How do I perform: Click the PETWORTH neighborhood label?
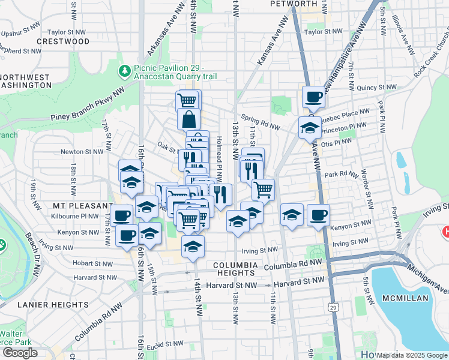click(x=293, y=4)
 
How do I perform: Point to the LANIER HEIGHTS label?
click(x=53, y=304)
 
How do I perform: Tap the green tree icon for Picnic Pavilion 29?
click(x=125, y=71)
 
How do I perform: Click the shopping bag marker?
click(x=188, y=119)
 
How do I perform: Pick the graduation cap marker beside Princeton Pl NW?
click(x=310, y=128)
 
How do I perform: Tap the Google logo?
click(x=20, y=353)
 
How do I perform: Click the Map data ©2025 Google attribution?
click(x=411, y=355)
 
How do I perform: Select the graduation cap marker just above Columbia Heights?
click(x=193, y=246)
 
